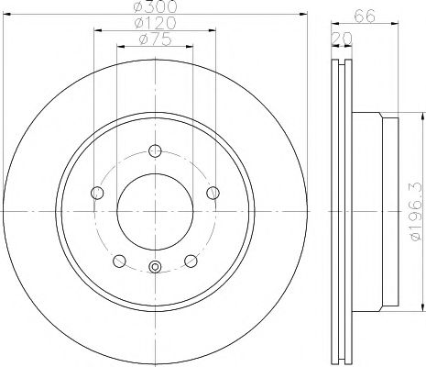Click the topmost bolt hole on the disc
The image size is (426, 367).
click(155, 151)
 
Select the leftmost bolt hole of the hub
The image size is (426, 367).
click(98, 192)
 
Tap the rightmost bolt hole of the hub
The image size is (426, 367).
click(213, 192)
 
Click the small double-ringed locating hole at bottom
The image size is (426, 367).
click(155, 268)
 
